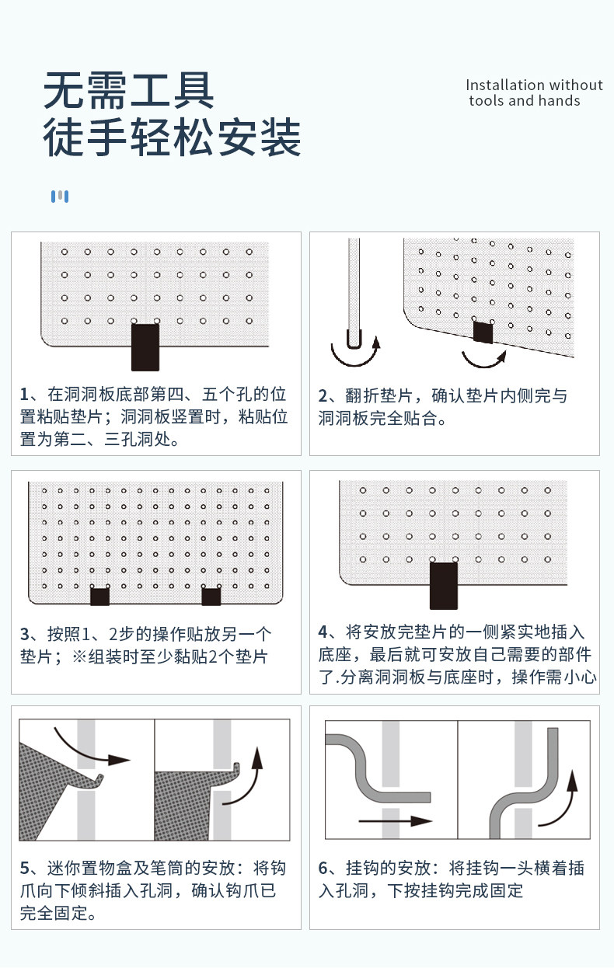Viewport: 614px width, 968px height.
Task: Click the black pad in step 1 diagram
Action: tap(145, 347)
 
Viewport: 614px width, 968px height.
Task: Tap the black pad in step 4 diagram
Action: tap(444, 586)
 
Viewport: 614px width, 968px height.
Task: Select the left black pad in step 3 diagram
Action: tap(100, 597)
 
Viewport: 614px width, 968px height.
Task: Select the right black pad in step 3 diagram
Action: tap(211, 597)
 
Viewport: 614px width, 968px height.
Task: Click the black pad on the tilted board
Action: tap(483, 333)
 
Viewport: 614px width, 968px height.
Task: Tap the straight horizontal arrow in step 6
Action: tap(395, 820)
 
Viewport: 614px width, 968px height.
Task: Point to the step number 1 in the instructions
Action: tap(24, 394)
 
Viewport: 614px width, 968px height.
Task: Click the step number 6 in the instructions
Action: tap(323, 868)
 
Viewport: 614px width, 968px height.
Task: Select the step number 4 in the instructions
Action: tap(323, 632)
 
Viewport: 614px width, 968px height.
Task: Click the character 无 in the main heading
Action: tap(64, 90)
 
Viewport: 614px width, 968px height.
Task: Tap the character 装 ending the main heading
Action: tap(281, 138)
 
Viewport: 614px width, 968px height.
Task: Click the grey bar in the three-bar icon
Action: tap(60, 195)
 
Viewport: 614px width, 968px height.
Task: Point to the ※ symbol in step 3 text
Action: tap(79, 657)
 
